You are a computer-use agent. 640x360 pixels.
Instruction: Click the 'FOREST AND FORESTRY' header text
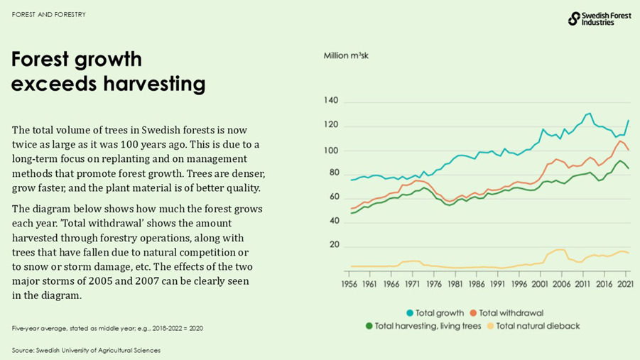(x=48, y=14)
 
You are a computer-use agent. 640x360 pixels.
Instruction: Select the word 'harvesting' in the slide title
(x=154, y=84)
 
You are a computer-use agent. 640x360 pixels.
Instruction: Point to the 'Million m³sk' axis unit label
(x=346, y=55)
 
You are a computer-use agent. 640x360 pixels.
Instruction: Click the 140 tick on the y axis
(x=331, y=102)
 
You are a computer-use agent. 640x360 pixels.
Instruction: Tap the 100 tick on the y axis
(x=331, y=150)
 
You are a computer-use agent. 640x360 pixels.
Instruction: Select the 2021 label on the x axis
(x=626, y=284)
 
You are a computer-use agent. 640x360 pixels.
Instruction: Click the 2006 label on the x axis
(x=561, y=284)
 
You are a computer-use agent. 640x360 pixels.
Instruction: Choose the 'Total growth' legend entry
(x=435, y=313)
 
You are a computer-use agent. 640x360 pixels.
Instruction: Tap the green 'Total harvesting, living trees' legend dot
(x=369, y=326)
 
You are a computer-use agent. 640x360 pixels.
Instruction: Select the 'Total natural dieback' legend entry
(x=532, y=326)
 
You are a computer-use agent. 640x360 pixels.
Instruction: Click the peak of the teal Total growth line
(x=589, y=114)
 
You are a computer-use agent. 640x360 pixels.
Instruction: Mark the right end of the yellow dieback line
(x=629, y=253)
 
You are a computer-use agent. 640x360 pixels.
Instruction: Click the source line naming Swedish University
(x=86, y=350)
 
